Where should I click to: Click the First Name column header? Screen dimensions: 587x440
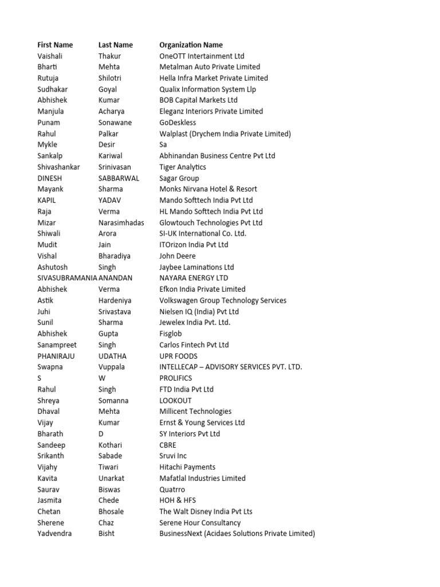[x=55, y=45]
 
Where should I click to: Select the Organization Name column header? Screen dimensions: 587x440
[x=191, y=45]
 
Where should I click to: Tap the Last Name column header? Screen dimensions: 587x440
[x=115, y=45]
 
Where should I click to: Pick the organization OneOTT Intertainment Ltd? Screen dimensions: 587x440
[x=202, y=56]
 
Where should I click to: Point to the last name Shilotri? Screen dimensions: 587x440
[x=111, y=78]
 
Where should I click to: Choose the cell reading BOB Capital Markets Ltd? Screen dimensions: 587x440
[x=198, y=100]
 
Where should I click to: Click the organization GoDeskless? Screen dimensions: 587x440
[x=178, y=123]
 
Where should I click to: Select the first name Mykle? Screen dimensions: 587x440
[x=48, y=144]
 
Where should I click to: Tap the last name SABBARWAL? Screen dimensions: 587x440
[x=119, y=178]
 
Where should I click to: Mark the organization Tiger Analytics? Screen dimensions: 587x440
[x=183, y=167]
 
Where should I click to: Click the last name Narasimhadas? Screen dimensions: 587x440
[x=121, y=222]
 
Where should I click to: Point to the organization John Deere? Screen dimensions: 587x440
[x=177, y=256]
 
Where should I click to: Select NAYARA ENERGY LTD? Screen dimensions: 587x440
[x=194, y=278]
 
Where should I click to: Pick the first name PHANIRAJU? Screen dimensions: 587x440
[x=56, y=356]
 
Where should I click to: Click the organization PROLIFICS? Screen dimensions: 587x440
[x=175, y=378]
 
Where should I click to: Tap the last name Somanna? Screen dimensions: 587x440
[x=113, y=401]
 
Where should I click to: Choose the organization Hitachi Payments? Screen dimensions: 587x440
[x=187, y=467]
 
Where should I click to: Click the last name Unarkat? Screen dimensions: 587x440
[x=111, y=478]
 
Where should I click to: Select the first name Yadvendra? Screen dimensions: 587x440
[x=54, y=534]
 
